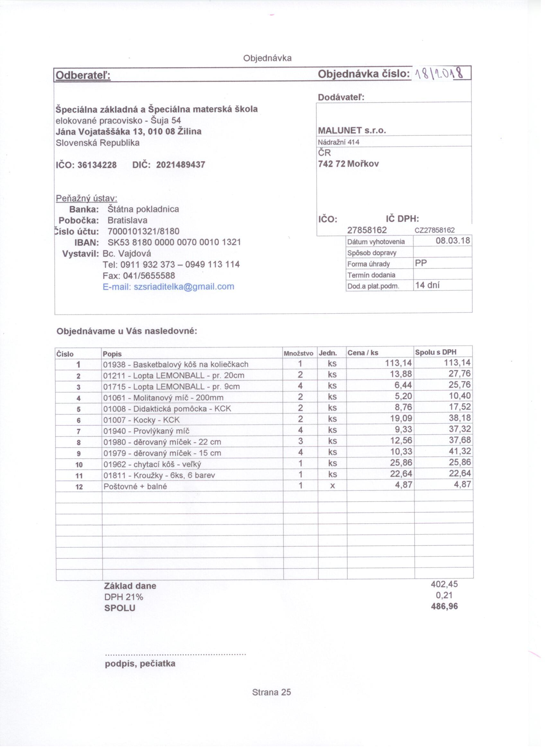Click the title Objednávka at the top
click(267, 58)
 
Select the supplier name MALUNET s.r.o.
click(352, 131)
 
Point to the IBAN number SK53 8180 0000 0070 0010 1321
click(174, 243)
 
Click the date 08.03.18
click(453, 241)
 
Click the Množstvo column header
click(298, 354)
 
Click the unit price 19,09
click(401, 419)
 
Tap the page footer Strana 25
click(271, 693)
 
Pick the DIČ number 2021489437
click(181, 165)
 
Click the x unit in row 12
click(332, 486)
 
